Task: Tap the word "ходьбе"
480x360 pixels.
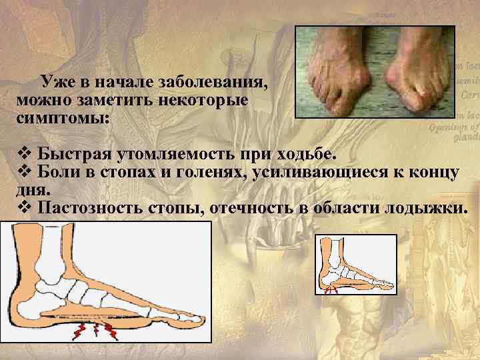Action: (307, 156)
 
